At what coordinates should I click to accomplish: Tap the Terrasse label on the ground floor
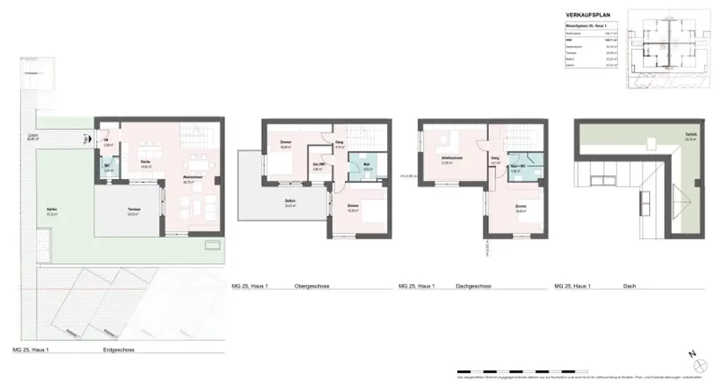(133, 210)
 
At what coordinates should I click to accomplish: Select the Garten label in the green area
(52, 210)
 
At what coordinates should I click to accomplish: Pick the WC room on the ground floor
(109, 168)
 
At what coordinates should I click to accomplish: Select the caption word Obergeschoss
(313, 287)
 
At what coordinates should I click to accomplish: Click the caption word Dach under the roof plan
(628, 287)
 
